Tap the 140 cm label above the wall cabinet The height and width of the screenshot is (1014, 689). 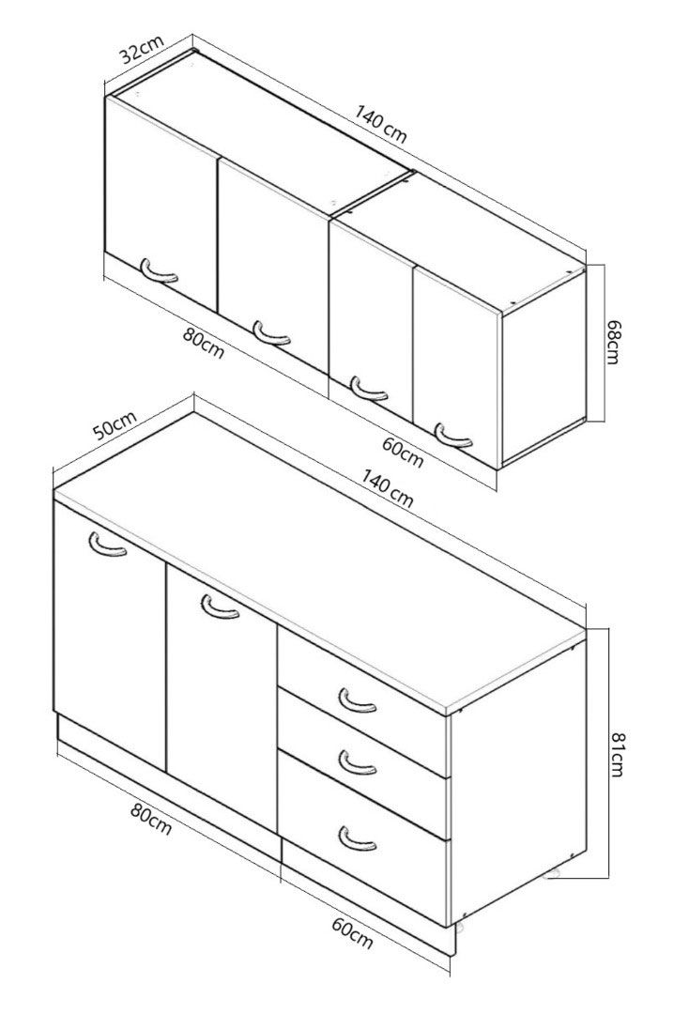[381, 124]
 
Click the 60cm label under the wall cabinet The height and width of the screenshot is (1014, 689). [402, 452]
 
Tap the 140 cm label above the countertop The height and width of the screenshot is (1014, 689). [387, 489]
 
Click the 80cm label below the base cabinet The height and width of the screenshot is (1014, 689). [150, 819]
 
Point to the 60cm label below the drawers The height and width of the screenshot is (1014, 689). [352, 933]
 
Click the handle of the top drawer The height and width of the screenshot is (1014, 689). [357, 700]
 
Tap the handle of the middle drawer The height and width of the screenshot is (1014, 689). [357, 762]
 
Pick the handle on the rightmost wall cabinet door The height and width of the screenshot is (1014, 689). [453, 435]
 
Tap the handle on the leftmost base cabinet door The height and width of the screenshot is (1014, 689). [107, 545]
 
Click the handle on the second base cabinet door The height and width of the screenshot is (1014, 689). [221, 607]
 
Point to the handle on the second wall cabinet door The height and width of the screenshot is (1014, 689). [271, 332]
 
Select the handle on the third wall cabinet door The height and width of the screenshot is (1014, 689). [369, 388]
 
